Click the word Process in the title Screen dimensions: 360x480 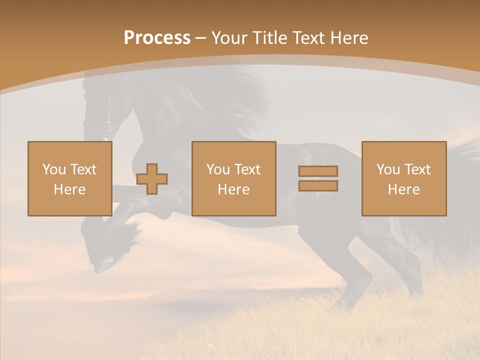tap(157, 38)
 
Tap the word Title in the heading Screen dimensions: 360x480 tap(271, 38)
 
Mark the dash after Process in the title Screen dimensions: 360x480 tap(200, 38)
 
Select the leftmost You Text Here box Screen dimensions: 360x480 tap(70, 178)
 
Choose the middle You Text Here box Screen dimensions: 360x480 tap(234, 178)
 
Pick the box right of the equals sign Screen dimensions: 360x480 tap(404, 178)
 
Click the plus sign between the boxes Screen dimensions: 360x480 tap(152, 179)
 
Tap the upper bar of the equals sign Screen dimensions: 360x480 tap(318, 171)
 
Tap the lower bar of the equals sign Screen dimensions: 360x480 tap(318, 185)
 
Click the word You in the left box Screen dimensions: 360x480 tap(53, 169)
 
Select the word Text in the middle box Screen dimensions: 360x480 tap(247, 169)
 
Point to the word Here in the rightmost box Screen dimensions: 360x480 tap(404, 189)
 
